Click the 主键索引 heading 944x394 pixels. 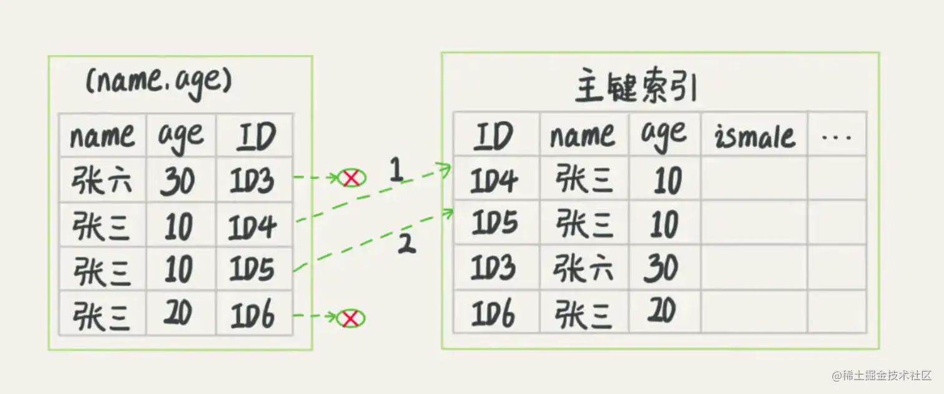[x=635, y=89]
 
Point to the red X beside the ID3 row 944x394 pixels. [x=352, y=179]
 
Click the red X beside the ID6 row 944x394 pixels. [x=351, y=319]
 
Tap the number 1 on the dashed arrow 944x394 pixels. [x=395, y=171]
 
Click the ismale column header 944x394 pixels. [x=755, y=136]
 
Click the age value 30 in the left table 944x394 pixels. [x=178, y=181]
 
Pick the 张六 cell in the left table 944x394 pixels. [x=102, y=180]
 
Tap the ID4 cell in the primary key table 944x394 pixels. [x=494, y=180]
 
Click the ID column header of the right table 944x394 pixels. [x=494, y=135]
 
